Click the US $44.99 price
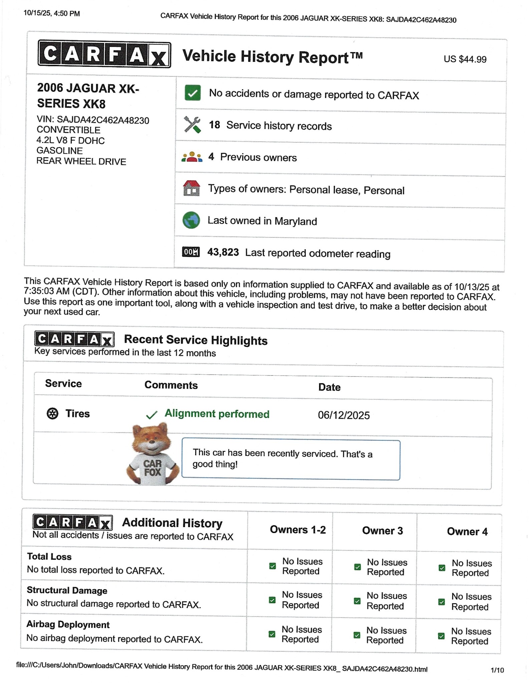click(465, 59)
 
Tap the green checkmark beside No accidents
click(193, 93)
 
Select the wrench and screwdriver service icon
click(192, 125)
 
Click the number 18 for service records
click(214, 125)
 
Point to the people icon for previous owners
click(192, 157)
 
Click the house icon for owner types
click(192, 188)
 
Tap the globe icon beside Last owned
click(191, 220)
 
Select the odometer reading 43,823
click(223, 252)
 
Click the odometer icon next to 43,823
click(191, 252)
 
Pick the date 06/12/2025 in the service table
click(344, 415)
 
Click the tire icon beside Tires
click(52, 413)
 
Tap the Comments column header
click(171, 385)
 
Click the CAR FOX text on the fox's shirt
click(153, 468)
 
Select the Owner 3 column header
click(382, 531)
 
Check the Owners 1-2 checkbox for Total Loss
click(273, 566)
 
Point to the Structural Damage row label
click(67, 590)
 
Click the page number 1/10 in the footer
click(497, 670)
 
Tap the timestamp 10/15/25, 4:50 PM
click(52, 14)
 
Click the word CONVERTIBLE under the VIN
click(68, 130)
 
